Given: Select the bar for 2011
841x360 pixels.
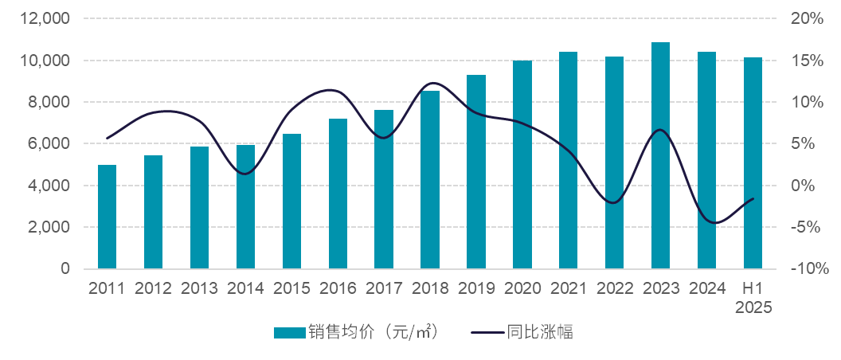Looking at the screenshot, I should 107,217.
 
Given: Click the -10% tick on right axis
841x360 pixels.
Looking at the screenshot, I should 808,269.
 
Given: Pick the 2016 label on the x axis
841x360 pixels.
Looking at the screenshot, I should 338,288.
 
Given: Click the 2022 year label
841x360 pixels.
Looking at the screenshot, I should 614,288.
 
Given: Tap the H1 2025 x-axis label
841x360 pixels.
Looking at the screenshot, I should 753,298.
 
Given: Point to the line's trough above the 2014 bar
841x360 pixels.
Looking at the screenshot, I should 244,174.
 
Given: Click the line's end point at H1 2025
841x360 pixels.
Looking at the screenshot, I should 753,199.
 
